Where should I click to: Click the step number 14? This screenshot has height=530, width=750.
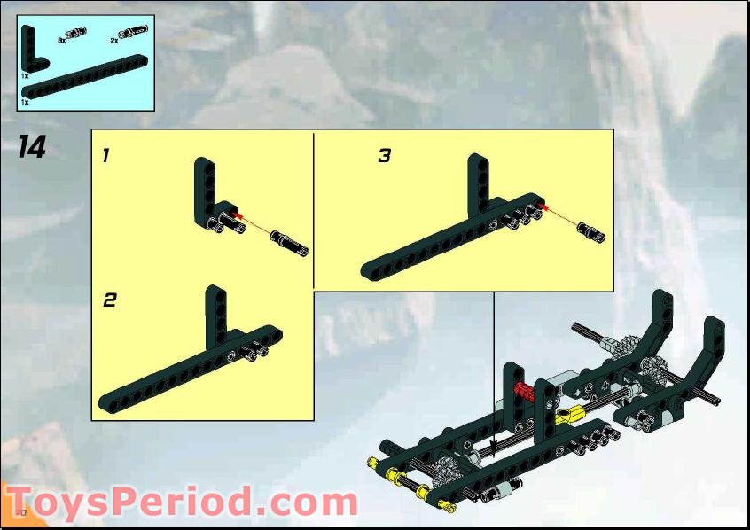coord(31,147)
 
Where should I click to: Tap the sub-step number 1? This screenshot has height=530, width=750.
coord(105,156)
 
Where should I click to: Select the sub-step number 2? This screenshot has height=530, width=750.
coord(109,300)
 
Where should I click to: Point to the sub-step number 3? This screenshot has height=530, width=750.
coord(384,156)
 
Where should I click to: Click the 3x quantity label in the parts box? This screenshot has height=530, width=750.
coord(61,40)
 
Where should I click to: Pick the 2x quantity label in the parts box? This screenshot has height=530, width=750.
coord(114,40)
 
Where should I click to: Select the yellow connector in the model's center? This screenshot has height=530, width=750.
coord(572,413)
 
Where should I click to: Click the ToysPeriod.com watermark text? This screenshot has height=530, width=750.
coord(182,502)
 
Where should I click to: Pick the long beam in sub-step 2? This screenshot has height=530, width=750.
coord(177,372)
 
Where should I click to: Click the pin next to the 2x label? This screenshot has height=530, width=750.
coord(136,33)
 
